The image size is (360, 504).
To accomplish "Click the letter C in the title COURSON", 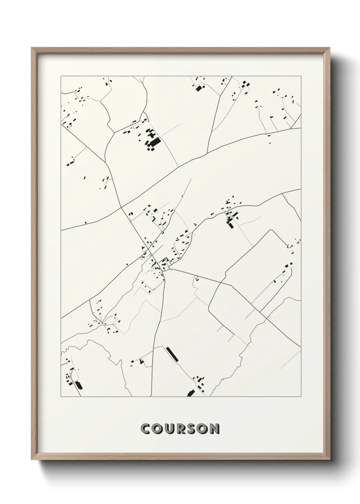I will tap(146, 429).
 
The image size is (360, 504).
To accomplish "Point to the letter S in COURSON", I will tap(193, 429).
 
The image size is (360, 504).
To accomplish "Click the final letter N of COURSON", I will tap(214, 429).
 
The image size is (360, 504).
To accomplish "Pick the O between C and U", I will tap(158, 429).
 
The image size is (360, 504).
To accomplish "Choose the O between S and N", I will tap(203, 429).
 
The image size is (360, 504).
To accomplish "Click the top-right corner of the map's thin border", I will tap(301, 76).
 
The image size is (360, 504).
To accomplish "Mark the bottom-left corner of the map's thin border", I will tap(61, 397).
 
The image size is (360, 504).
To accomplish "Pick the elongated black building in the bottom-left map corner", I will tap(79, 385).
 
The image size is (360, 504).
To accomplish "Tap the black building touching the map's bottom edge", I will tap(191, 393).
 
